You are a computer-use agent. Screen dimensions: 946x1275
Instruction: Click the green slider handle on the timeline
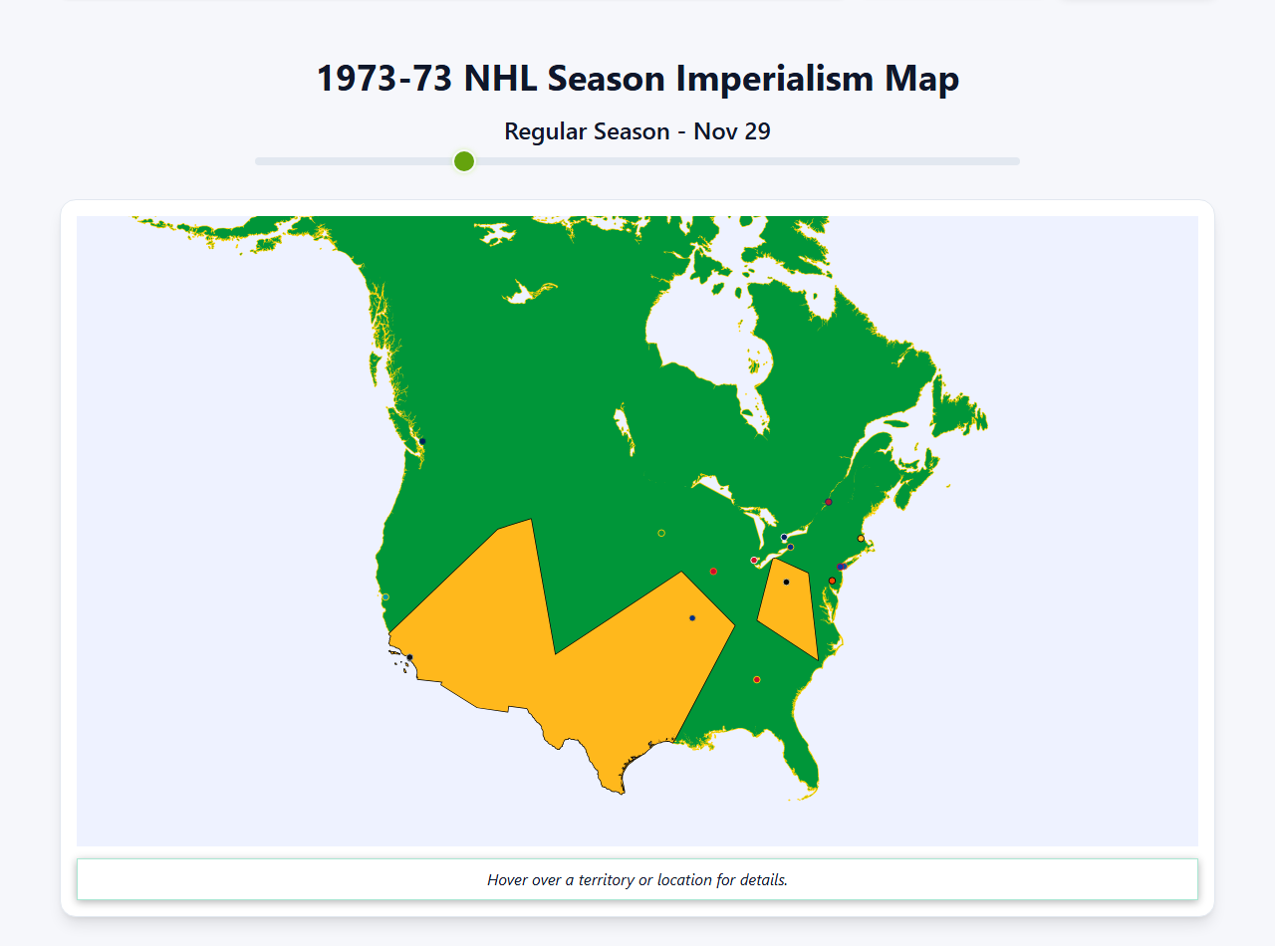coord(464,161)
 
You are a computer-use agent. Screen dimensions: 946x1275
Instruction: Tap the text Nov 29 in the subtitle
coord(732,131)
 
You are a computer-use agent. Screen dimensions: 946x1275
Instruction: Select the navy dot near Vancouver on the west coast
coord(422,441)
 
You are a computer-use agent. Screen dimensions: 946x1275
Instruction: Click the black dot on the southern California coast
coord(409,657)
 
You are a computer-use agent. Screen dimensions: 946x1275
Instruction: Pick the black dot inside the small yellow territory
coord(786,582)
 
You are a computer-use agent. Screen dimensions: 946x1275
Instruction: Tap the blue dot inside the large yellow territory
coord(692,618)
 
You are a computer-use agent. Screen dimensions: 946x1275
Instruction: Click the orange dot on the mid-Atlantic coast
coord(832,581)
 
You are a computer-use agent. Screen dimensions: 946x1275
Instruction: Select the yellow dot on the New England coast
coord(861,539)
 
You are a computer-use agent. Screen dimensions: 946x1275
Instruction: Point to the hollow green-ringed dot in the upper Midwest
coord(661,533)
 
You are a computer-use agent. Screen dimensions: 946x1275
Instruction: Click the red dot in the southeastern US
coord(757,680)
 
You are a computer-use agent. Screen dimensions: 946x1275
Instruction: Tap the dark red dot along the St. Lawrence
coord(829,502)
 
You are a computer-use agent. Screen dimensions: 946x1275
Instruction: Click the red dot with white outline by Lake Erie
coord(754,560)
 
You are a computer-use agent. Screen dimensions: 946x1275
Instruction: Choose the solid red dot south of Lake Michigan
coord(713,572)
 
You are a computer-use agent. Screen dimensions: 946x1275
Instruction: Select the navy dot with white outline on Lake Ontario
coord(784,538)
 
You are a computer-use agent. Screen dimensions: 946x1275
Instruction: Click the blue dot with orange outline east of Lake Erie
coord(790,547)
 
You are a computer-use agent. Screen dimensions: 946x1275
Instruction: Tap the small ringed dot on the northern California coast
coord(385,597)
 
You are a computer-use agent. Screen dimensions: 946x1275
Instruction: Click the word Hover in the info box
coord(507,880)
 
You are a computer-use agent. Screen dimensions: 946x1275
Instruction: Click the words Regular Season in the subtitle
coord(587,131)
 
